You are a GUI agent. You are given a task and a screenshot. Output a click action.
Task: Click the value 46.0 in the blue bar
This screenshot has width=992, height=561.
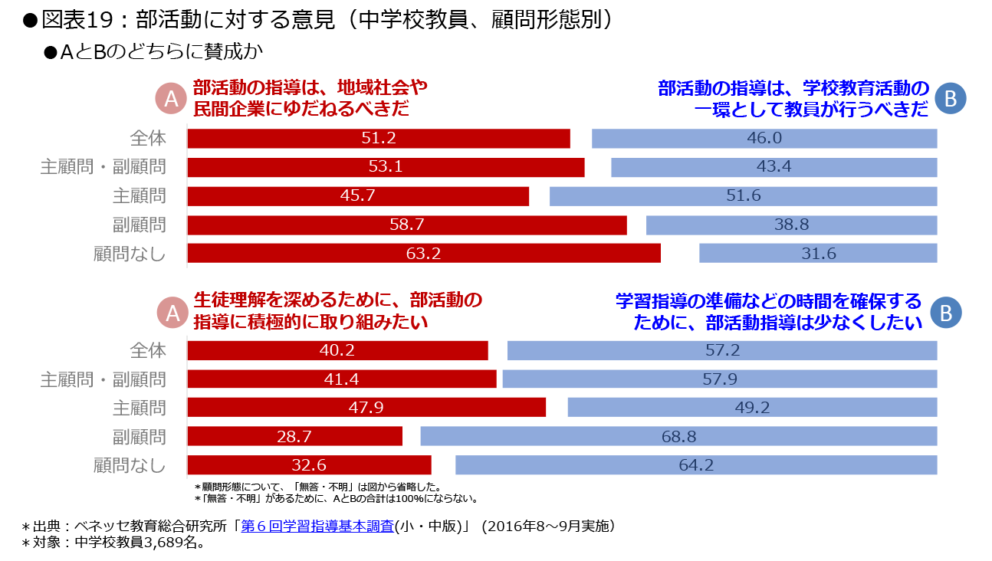coord(764,139)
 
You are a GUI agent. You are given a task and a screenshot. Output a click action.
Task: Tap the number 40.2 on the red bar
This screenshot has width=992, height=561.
coord(337,350)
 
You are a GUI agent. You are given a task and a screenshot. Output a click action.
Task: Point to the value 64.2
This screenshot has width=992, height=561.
coord(696,465)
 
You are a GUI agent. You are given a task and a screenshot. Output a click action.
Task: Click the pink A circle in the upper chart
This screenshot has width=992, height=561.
coord(172,98)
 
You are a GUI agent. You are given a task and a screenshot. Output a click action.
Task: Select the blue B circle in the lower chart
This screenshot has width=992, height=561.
coord(945,313)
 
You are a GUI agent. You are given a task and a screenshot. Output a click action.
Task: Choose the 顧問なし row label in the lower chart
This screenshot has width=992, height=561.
coord(130,465)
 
